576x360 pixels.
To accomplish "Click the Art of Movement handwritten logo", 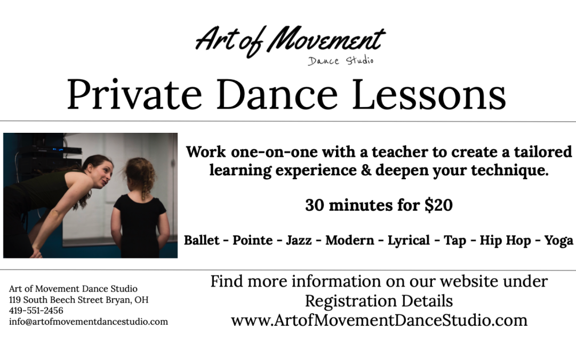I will coord(290,41).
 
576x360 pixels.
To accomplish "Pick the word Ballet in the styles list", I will coord(202,241).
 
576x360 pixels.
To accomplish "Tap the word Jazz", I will coord(299,241).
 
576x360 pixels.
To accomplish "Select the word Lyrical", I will coord(409,241).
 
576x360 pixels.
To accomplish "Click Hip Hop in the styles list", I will coord(505,241).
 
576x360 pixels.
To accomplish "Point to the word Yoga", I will coord(558,241).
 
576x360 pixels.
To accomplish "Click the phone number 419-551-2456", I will coord(36,310).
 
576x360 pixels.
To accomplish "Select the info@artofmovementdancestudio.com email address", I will coord(88,322).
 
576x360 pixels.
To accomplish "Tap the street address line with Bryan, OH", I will coord(78,300).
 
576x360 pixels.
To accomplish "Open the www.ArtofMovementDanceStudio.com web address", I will coord(379,321).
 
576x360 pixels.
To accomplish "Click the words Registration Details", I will coord(379,301).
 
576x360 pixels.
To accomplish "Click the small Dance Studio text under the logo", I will coord(340,60).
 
